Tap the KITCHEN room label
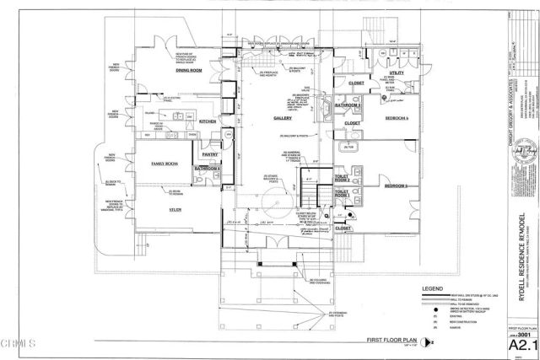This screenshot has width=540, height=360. click(207, 122)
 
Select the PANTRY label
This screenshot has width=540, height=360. click(210, 155)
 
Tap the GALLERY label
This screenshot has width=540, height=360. click(282, 119)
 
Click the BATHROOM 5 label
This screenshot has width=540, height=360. click(347, 105)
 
